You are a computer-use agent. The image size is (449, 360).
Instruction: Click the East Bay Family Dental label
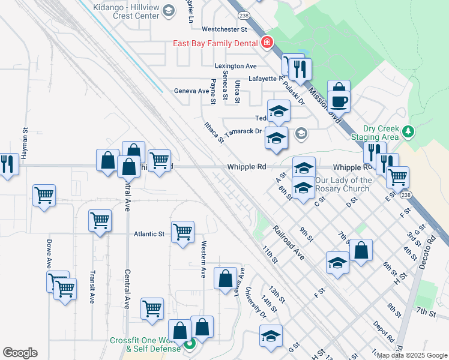(x=215, y=43)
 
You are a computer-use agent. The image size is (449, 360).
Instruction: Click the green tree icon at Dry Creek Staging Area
(x=408, y=131)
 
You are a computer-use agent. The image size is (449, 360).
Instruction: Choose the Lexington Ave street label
(x=236, y=66)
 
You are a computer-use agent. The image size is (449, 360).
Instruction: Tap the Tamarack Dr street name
(x=243, y=131)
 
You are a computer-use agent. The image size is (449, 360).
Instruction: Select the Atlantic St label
(x=149, y=234)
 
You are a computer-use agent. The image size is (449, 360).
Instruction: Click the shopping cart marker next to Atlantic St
(x=182, y=231)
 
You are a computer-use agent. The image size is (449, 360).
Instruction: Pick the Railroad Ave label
(x=289, y=242)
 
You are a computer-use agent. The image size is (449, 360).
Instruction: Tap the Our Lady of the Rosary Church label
(x=343, y=184)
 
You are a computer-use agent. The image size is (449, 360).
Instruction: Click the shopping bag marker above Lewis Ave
(x=225, y=278)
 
